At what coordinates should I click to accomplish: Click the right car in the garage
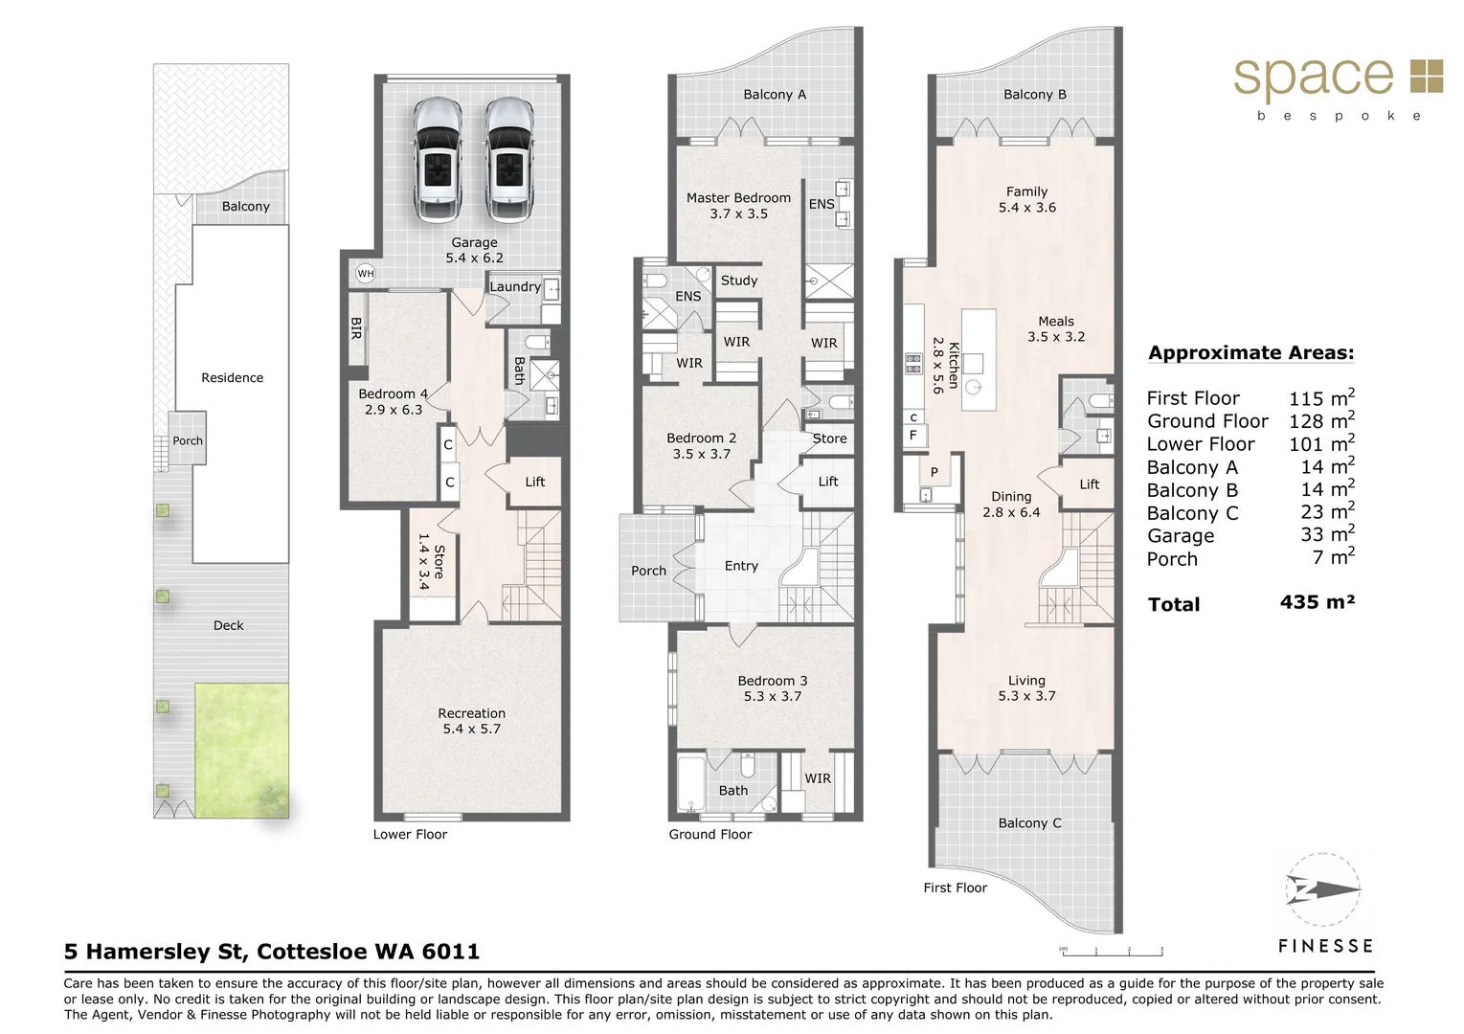509,160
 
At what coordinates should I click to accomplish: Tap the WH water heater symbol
365,274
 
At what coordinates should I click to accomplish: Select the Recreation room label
471,713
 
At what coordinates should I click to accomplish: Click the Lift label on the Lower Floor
534,482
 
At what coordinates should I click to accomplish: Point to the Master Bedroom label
738,198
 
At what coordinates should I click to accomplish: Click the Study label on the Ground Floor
738,281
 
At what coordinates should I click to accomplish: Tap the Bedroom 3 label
772,681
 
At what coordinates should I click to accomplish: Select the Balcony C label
1029,823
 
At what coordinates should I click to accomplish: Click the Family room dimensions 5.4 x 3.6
1026,208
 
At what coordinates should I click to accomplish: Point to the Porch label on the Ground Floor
648,571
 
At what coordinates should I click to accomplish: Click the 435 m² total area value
1317,602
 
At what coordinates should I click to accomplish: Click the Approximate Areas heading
1250,353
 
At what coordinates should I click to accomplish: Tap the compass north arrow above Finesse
1323,890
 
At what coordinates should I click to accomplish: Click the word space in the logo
1313,77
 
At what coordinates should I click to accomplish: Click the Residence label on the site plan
232,378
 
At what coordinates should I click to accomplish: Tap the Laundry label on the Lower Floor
515,286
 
